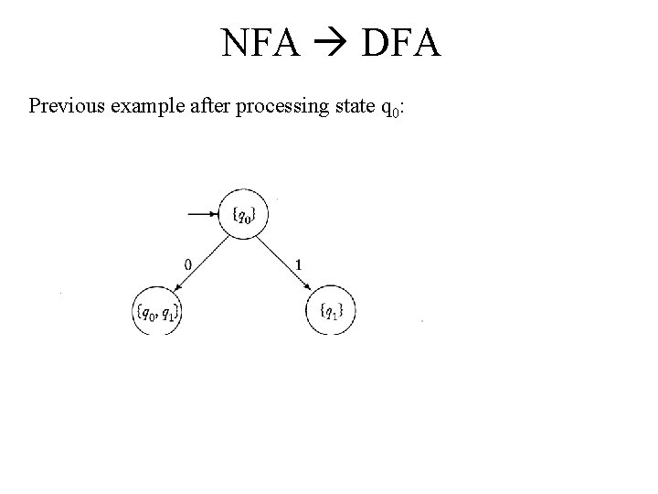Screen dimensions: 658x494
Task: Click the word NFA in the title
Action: [x=260, y=42]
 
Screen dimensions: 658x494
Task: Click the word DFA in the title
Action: [x=401, y=42]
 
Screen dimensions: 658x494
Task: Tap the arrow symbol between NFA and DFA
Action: [x=330, y=43]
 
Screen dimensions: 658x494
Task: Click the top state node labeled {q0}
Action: [x=245, y=215]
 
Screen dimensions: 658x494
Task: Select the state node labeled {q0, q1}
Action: [x=158, y=311]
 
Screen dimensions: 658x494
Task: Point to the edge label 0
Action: [x=187, y=264]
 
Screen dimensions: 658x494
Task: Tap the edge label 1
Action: [x=300, y=264]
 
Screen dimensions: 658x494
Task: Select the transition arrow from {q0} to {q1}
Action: [x=286, y=263]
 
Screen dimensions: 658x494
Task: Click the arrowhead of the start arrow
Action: [x=216, y=215]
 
